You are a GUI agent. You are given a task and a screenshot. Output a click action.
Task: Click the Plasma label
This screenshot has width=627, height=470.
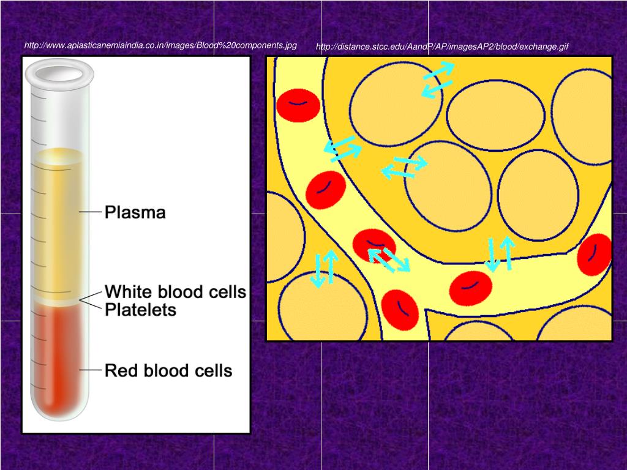point(135,213)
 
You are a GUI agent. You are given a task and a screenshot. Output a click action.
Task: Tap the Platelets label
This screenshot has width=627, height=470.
point(141,310)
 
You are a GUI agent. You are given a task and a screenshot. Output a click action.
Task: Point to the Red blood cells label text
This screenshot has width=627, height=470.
point(168,370)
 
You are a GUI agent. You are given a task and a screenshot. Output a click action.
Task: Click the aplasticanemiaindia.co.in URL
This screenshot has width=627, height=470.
point(160,46)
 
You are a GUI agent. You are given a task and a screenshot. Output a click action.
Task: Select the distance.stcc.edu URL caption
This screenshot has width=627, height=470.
point(442,47)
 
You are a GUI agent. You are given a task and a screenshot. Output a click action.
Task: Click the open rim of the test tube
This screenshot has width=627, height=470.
point(59,73)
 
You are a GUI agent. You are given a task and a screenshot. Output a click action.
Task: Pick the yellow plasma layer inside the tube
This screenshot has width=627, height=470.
point(59,220)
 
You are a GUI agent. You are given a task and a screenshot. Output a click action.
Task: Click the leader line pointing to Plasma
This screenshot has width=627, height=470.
point(90,212)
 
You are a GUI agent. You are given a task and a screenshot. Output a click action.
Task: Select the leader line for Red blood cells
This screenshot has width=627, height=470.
point(90,370)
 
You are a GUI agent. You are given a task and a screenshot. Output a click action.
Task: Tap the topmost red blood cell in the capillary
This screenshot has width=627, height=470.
point(298,105)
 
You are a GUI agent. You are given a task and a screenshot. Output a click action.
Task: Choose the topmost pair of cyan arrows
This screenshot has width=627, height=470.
point(438,80)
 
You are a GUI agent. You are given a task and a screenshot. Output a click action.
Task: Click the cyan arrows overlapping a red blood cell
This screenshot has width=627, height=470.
point(389,259)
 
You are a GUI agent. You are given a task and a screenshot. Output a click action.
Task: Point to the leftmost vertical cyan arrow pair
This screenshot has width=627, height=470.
point(324,269)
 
